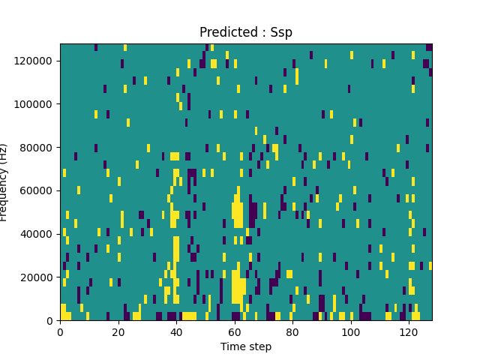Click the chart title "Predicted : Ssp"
point(246,32)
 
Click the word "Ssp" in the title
point(281,32)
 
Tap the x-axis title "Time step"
point(246,346)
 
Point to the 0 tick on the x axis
point(60,331)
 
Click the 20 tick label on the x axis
point(118,331)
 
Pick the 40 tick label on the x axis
point(176,331)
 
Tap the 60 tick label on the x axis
point(235,331)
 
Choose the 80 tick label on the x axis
point(292,331)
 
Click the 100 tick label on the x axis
point(351,331)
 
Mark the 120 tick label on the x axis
point(409,331)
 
